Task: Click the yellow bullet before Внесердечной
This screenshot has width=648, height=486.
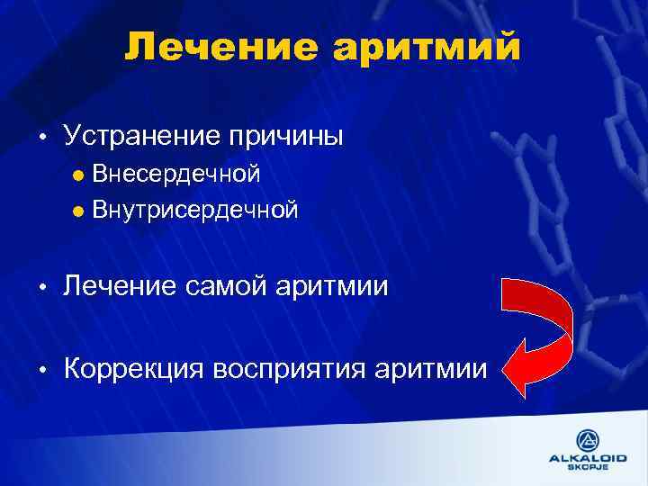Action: (78, 174)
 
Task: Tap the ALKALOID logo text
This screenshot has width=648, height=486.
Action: (588, 457)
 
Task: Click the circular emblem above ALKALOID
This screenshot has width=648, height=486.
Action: (588, 438)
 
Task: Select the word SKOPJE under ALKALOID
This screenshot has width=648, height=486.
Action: (588, 468)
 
